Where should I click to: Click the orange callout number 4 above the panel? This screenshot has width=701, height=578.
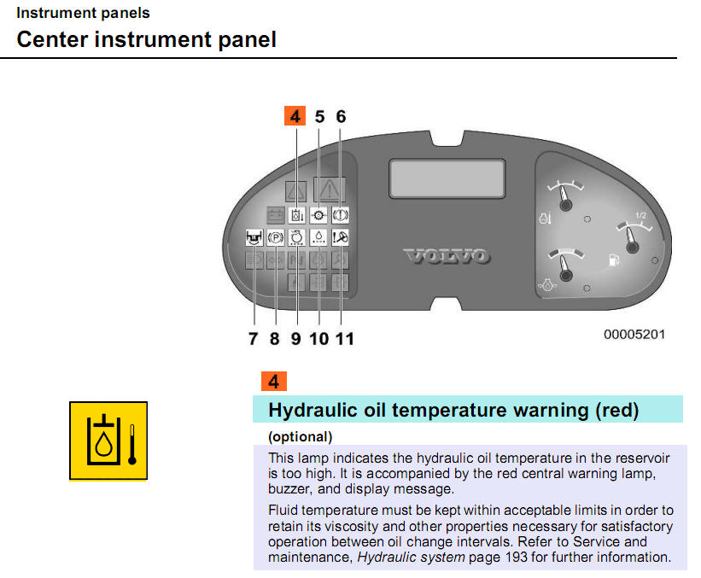click(295, 116)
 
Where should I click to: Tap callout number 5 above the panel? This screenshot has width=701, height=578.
click(319, 117)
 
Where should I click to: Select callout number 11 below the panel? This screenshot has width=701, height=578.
click(345, 338)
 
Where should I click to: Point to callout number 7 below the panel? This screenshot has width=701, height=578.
click(253, 338)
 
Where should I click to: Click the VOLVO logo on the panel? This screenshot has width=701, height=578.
click(447, 256)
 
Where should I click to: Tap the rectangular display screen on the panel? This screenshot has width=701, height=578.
click(447, 178)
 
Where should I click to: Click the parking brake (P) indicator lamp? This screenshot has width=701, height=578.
click(276, 237)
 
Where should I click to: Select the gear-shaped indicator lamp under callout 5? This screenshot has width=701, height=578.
click(318, 215)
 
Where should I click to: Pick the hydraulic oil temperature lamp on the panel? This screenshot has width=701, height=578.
click(297, 215)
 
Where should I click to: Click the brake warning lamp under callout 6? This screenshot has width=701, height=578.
click(340, 215)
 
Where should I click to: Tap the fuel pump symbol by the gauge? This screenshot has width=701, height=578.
click(614, 260)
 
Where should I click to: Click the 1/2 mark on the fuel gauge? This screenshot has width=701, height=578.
click(640, 215)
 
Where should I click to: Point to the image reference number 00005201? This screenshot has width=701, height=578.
click(634, 335)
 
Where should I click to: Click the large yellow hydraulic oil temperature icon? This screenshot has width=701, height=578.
click(108, 441)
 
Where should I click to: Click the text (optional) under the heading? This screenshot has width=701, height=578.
click(301, 437)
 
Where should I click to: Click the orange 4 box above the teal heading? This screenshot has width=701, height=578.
click(274, 382)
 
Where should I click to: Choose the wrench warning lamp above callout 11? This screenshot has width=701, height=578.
click(340, 237)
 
